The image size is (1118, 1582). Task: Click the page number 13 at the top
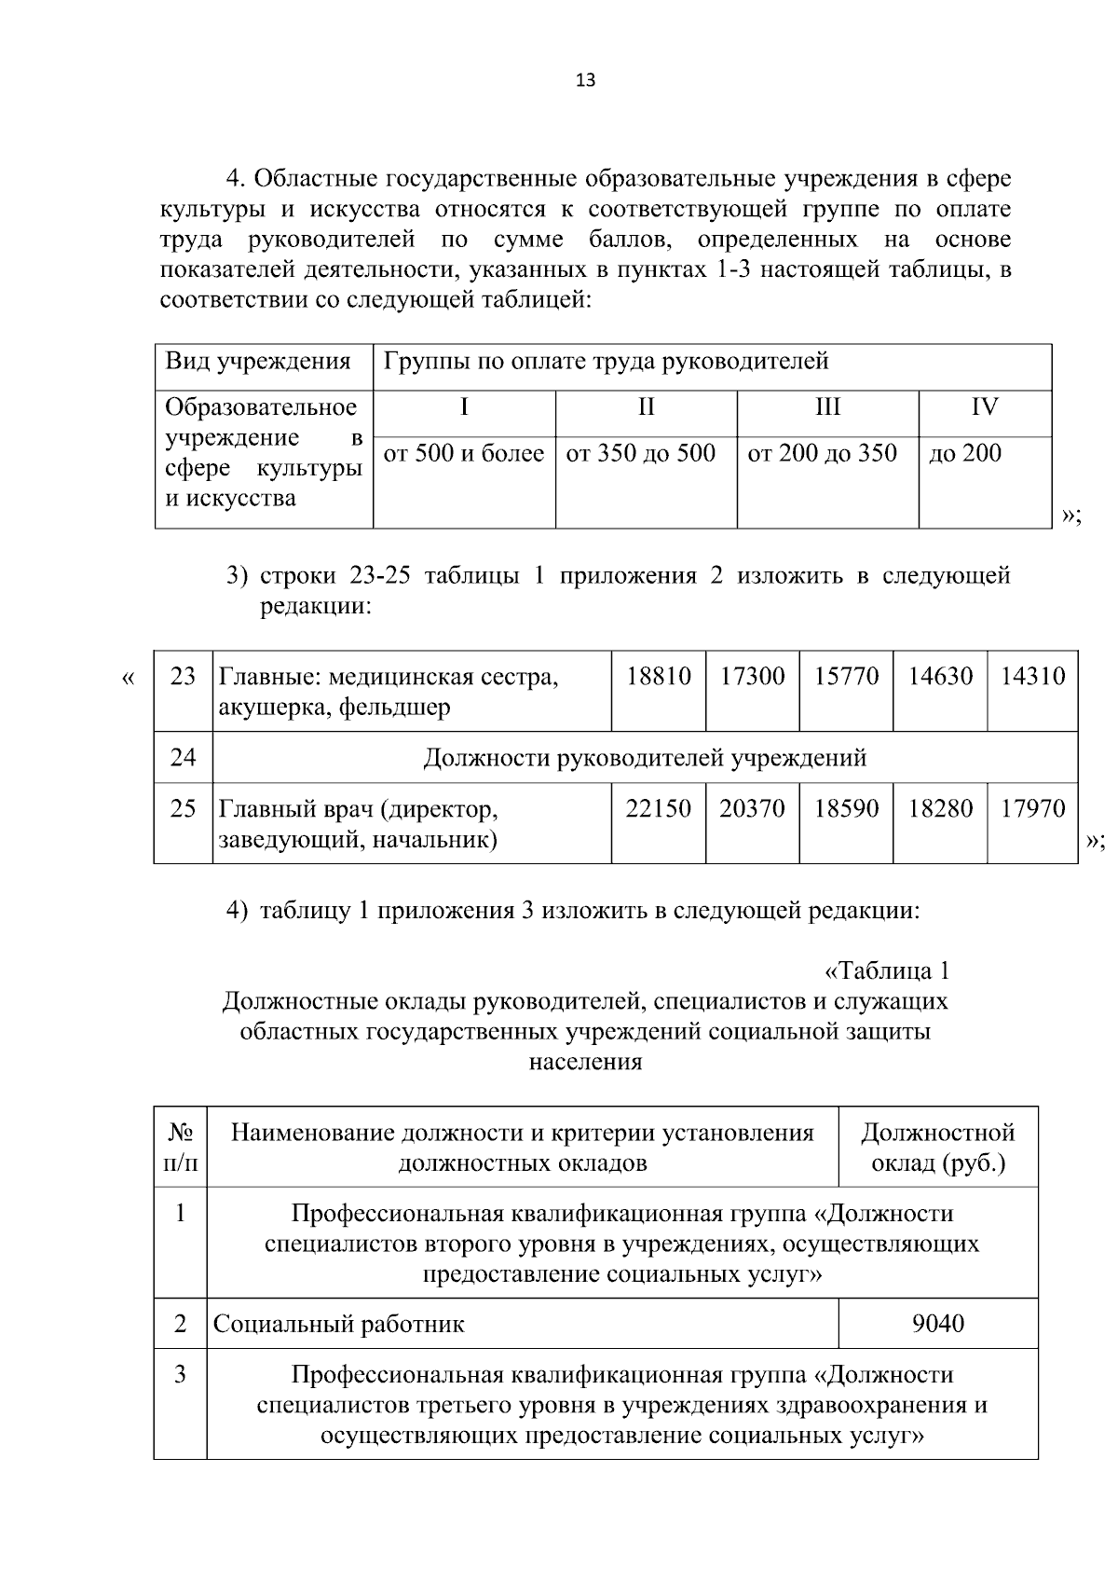(585, 80)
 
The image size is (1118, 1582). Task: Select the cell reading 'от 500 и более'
(464, 454)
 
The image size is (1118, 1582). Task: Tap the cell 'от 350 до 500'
(641, 454)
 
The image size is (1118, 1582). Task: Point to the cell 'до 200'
(965, 454)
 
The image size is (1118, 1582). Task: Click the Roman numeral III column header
(827, 407)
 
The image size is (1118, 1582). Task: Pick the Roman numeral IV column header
(985, 407)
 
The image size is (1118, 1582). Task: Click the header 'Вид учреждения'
(258, 362)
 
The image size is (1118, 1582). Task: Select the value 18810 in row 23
(659, 676)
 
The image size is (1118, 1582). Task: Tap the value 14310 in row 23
(1033, 676)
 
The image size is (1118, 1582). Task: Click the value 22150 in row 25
(659, 809)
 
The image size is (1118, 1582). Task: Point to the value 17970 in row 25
(1033, 809)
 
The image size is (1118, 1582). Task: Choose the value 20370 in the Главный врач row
(752, 809)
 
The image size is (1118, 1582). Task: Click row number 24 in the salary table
(184, 757)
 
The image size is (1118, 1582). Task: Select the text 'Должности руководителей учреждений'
(645, 758)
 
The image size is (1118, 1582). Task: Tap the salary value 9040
(938, 1324)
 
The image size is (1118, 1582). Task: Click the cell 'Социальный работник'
(339, 1325)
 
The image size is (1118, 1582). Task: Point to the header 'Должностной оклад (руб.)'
(938, 1149)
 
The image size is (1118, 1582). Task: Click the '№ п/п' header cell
(181, 1149)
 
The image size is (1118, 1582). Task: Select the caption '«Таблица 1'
(887, 971)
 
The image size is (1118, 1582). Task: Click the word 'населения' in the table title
(585, 1062)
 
